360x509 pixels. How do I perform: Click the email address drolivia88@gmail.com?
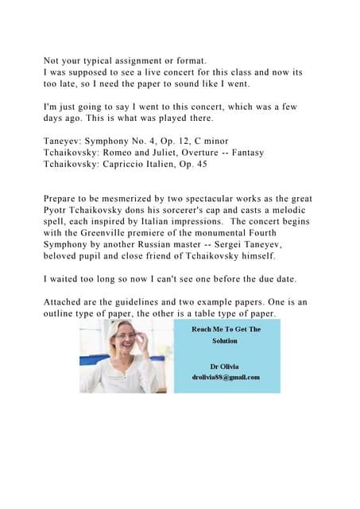[x=226, y=377]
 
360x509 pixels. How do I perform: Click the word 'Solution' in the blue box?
[x=226, y=340]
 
